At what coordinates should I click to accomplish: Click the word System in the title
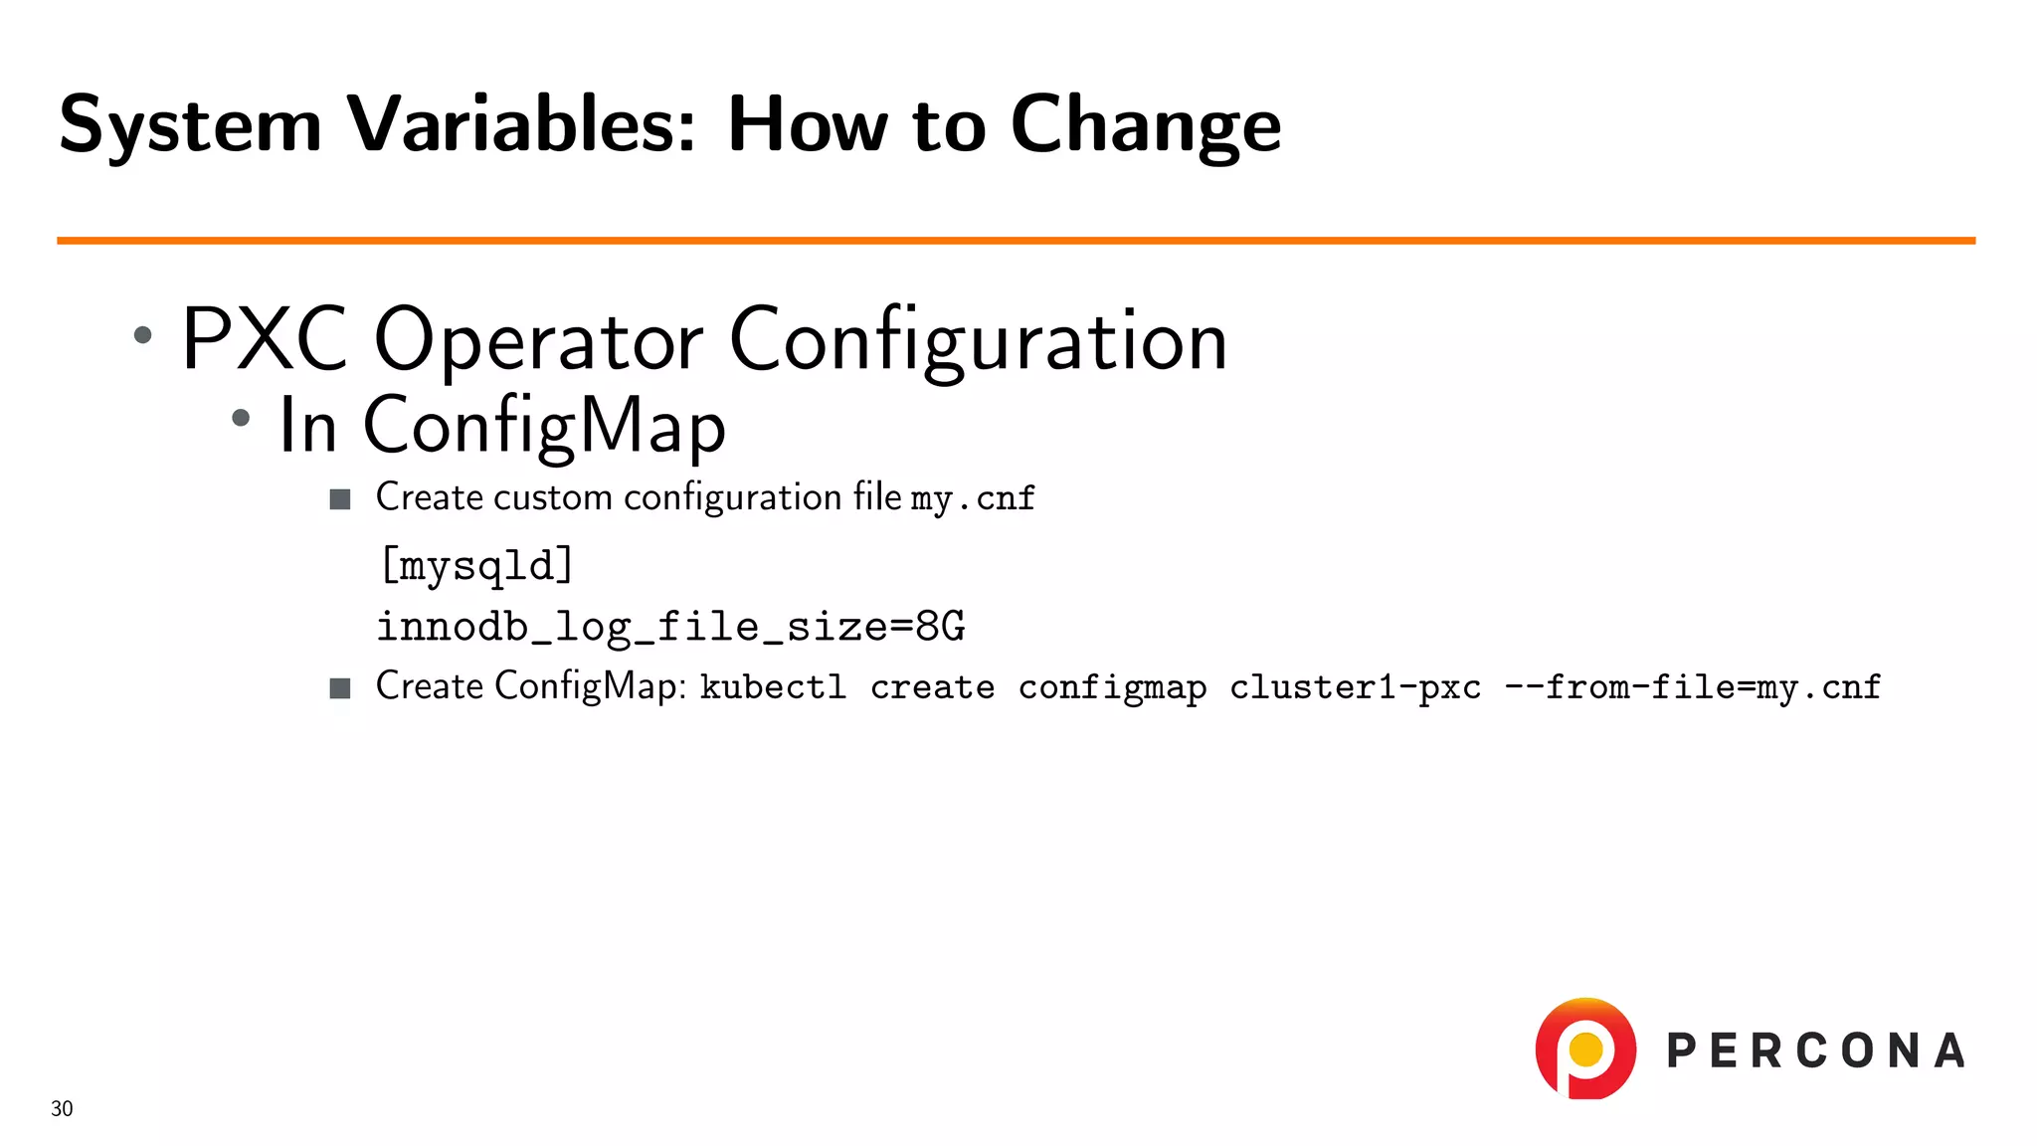tap(190, 125)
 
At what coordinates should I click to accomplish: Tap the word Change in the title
tap(1145, 125)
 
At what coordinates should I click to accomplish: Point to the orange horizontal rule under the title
tap(1015, 241)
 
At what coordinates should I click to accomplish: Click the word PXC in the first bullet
tap(265, 340)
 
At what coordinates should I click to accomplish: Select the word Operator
tap(538, 340)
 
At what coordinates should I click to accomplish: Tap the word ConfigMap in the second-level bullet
tap(544, 426)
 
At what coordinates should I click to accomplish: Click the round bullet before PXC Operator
tap(143, 335)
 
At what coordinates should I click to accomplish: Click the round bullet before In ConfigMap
tap(241, 419)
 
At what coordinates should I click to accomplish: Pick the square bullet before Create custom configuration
tap(340, 498)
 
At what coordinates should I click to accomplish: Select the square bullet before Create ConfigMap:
tap(340, 687)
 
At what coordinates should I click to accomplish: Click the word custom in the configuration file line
tap(552, 497)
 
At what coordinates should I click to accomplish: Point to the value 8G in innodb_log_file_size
tap(940, 627)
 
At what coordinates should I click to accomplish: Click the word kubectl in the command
tap(773, 687)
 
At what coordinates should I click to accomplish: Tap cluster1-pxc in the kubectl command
tap(1355, 687)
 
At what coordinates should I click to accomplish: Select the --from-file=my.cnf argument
tap(1692, 687)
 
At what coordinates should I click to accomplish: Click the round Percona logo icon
tap(1585, 1049)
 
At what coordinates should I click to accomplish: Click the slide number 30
tap(62, 1108)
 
